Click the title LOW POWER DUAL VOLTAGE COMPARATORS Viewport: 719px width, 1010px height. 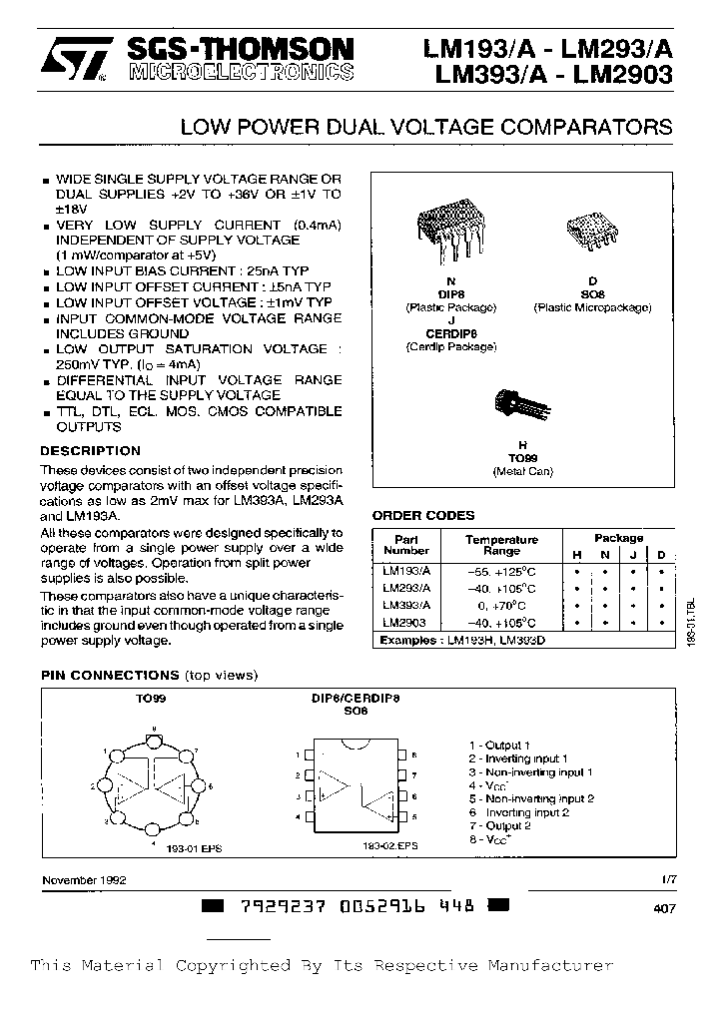pyautogui.click(x=424, y=128)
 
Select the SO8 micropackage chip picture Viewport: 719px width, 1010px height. pyautogui.click(x=592, y=233)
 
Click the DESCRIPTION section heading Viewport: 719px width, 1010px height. pyautogui.click(x=91, y=451)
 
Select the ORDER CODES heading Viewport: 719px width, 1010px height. pyautogui.click(x=423, y=516)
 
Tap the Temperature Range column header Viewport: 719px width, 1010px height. pyautogui.click(x=501, y=545)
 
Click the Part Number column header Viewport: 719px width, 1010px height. pyautogui.click(x=406, y=545)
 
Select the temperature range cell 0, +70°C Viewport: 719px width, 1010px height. pyautogui.click(x=501, y=605)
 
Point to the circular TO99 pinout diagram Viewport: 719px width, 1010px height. pyautogui.click(x=155, y=785)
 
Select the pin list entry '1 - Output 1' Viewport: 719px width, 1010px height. pyautogui.click(x=500, y=745)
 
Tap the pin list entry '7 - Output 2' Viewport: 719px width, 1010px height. pyautogui.click(x=500, y=825)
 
